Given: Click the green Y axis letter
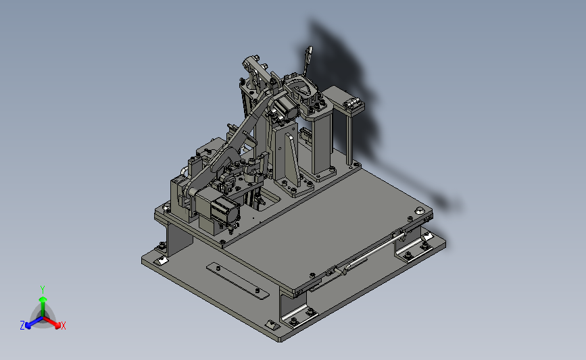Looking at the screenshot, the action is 43,290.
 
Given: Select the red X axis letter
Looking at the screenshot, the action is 64,326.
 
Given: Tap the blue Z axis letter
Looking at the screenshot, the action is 22,326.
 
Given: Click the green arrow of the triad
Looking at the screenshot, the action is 43,307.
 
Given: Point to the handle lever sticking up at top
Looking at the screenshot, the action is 307,60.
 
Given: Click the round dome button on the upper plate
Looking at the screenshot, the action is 420,210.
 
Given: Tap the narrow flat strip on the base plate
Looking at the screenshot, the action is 237,280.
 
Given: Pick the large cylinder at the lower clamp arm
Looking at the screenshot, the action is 224,211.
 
